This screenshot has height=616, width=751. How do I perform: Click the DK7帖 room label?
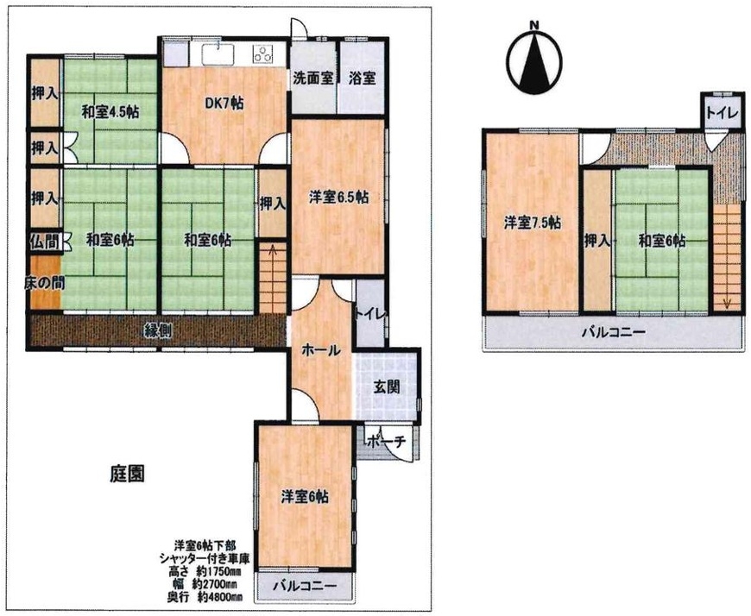tap(224, 103)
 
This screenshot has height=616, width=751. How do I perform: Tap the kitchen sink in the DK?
tap(218, 53)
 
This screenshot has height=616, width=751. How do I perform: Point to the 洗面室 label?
tap(313, 79)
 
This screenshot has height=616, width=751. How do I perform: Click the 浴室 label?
tap(362, 79)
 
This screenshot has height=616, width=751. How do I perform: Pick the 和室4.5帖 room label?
tap(110, 112)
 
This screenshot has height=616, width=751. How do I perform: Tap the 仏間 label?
tap(46, 242)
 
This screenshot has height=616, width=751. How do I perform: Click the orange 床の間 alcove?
tap(46, 283)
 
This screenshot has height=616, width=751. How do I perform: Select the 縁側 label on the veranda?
tap(159, 330)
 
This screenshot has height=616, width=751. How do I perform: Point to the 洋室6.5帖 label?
tap(338, 198)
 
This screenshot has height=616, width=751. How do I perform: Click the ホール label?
tap(321, 350)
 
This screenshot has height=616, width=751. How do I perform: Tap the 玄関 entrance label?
tap(387, 387)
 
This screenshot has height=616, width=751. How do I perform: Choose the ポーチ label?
tap(388, 443)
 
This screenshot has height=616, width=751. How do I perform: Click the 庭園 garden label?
tap(128, 474)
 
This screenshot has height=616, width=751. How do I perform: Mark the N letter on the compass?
tap(535, 25)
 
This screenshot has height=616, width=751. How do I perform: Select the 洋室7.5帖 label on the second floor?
tap(533, 223)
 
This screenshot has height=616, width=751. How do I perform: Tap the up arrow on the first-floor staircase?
tap(273, 251)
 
